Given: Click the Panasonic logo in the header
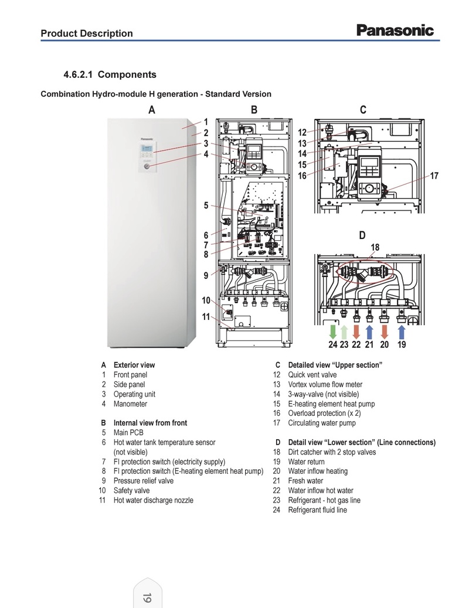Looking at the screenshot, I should click(395, 30).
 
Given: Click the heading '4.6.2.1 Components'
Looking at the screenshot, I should click(110, 75).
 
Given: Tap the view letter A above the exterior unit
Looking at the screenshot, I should click(152, 110).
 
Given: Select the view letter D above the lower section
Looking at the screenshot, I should click(362, 235).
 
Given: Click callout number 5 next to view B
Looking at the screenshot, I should click(206, 205).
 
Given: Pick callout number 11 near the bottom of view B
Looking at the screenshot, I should click(206, 317).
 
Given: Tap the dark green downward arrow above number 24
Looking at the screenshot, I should click(333, 332).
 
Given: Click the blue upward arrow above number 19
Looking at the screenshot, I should click(402, 332).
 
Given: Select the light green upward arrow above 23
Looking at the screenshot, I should click(344, 332).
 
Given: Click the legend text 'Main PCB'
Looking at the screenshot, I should click(130, 433).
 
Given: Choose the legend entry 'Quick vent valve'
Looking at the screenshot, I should click(312, 375).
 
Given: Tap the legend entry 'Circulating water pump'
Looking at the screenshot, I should click(322, 423).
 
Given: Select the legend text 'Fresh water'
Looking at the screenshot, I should click(305, 481).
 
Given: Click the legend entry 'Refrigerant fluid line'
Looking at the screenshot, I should click(317, 510).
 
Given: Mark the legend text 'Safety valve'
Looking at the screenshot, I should click(131, 490).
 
